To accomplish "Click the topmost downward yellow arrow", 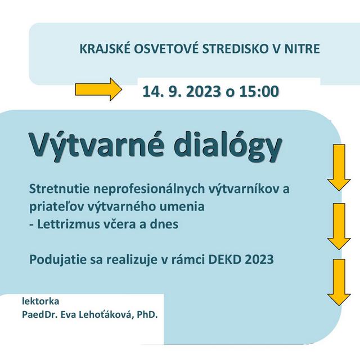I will click(339, 169).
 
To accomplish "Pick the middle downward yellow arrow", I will click(339, 226).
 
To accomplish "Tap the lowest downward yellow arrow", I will click(339, 282).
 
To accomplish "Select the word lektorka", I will click(40, 301).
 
